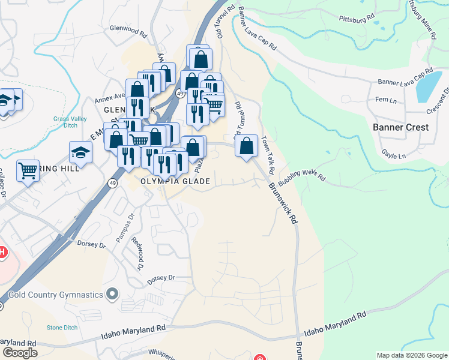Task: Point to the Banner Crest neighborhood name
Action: coord(400,127)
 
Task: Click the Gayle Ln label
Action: coord(394,155)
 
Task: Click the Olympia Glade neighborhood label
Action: coord(175,181)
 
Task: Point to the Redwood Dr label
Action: coord(137,256)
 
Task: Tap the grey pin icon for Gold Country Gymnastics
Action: coord(112,294)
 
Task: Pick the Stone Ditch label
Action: coord(62,328)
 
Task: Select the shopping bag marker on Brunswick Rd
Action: coord(247,146)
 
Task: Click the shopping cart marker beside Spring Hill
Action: coord(27,171)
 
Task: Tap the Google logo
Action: coord(20,353)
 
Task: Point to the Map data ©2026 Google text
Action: coord(411,355)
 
